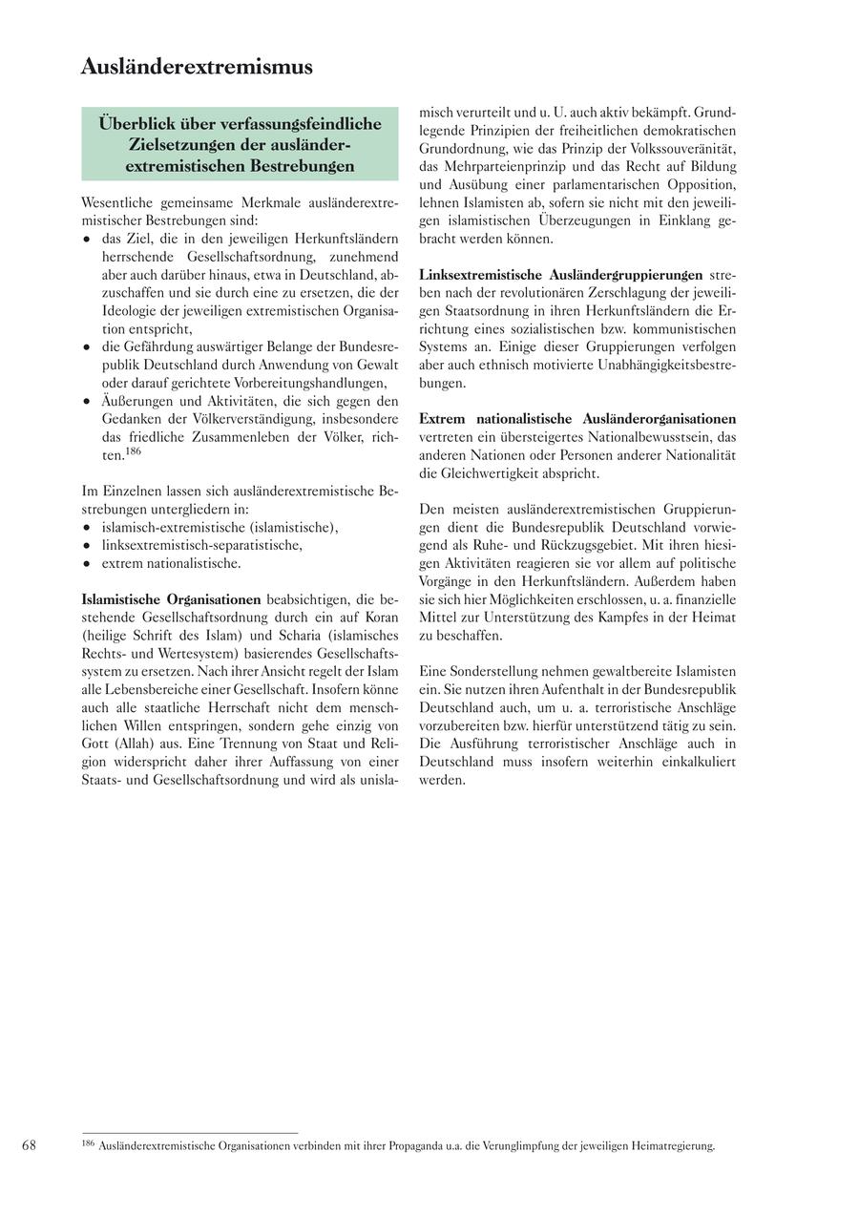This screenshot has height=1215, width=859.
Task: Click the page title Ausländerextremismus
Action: point(197,67)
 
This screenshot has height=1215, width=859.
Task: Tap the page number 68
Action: point(30,1145)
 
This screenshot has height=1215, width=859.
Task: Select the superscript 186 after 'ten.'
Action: point(133,450)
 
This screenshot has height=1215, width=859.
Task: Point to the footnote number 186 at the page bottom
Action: point(88,1142)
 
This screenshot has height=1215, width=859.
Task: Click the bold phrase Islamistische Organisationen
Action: point(172,599)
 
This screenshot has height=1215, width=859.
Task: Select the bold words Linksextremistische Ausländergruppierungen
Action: point(560,275)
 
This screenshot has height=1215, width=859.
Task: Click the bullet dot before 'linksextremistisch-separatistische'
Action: point(87,545)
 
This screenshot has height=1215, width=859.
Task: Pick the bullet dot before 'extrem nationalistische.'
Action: point(87,563)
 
